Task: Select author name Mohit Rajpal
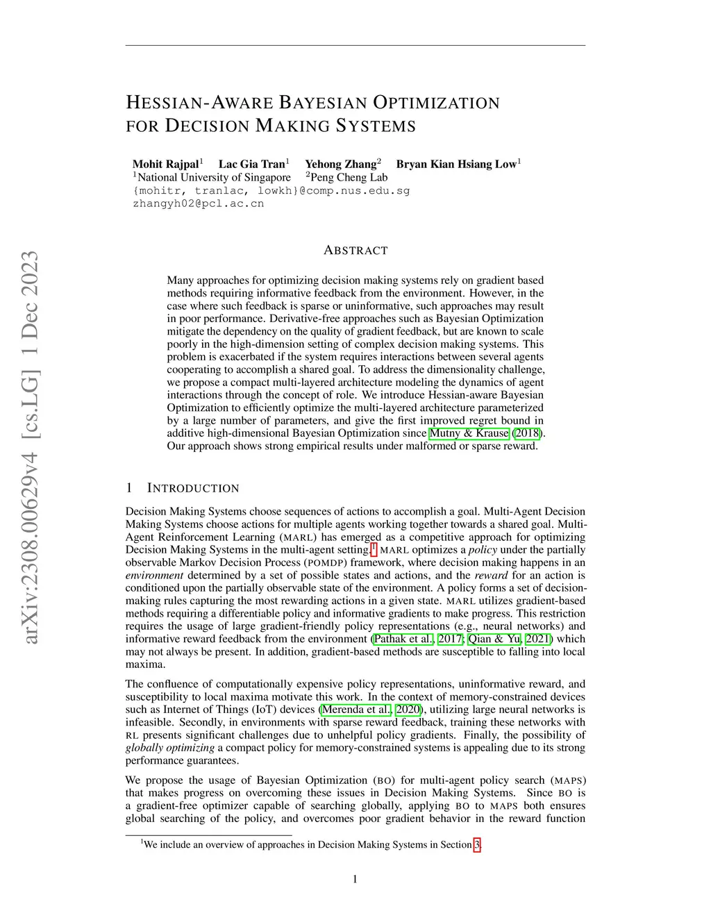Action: [165, 164]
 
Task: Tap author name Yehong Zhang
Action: [340, 164]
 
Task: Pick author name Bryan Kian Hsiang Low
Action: [456, 164]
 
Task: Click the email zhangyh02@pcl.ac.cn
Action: [198, 203]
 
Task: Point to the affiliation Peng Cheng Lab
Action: [349, 177]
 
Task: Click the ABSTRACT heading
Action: [355, 250]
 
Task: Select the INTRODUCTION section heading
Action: [193, 488]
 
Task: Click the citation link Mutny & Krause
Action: [469, 433]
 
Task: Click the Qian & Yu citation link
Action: [494, 639]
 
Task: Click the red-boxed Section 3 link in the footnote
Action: [477, 844]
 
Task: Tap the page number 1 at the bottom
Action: [355, 879]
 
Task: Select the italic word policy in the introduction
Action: [483, 550]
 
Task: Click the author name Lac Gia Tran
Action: [251, 164]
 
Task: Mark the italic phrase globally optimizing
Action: [170, 748]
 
